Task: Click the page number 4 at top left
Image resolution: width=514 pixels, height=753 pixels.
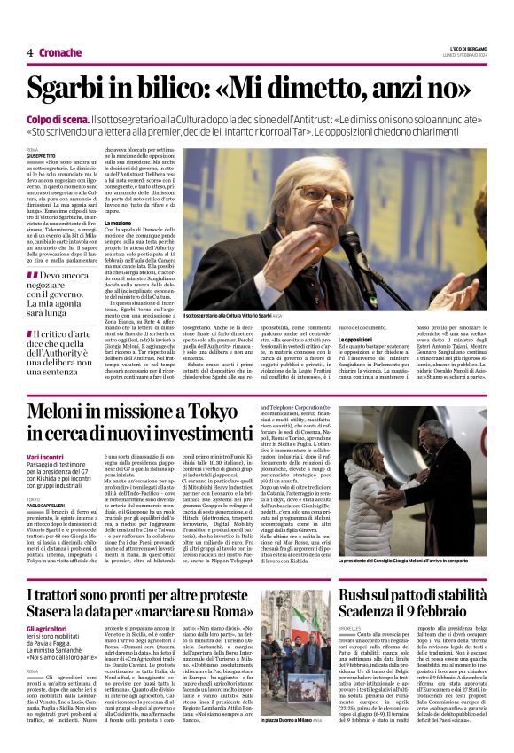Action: pos(29,52)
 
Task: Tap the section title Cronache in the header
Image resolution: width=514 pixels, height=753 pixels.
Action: pos(59,52)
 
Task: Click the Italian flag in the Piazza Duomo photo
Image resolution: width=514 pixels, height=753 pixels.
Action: pos(296,647)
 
